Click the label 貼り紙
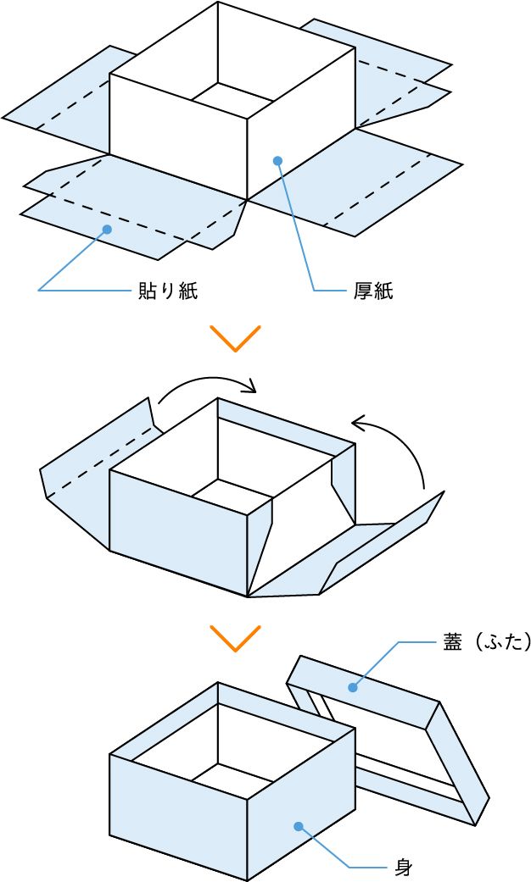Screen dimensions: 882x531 point(168,291)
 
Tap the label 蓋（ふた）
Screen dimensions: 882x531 point(486,643)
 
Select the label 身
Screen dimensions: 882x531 point(404,867)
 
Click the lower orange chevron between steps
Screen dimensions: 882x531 point(234,638)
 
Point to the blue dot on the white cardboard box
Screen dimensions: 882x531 point(277,159)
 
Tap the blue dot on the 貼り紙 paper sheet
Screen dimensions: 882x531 point(107,229)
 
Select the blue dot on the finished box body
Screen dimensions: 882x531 point(298,826)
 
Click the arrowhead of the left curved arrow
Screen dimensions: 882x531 point(250,389)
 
